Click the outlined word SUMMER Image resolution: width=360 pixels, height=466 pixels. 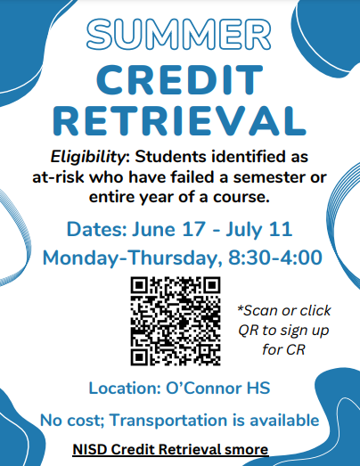[178, 34]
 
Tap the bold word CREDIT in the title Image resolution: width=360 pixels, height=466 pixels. [179, 80]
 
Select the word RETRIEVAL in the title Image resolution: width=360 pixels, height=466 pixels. [179, 121]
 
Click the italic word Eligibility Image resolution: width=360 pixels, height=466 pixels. [87, 158]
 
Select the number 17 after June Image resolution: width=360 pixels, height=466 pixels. [193, 229]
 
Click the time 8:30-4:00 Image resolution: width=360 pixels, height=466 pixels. [275, 258]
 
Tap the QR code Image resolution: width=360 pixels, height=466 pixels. [176, 321]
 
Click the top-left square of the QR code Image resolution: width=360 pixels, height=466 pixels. [139, 285]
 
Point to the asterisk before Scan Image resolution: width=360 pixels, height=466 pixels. [240, 308]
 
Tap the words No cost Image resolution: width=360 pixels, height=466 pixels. [72, 421]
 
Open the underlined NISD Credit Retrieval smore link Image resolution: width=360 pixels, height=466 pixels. [170, 449]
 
